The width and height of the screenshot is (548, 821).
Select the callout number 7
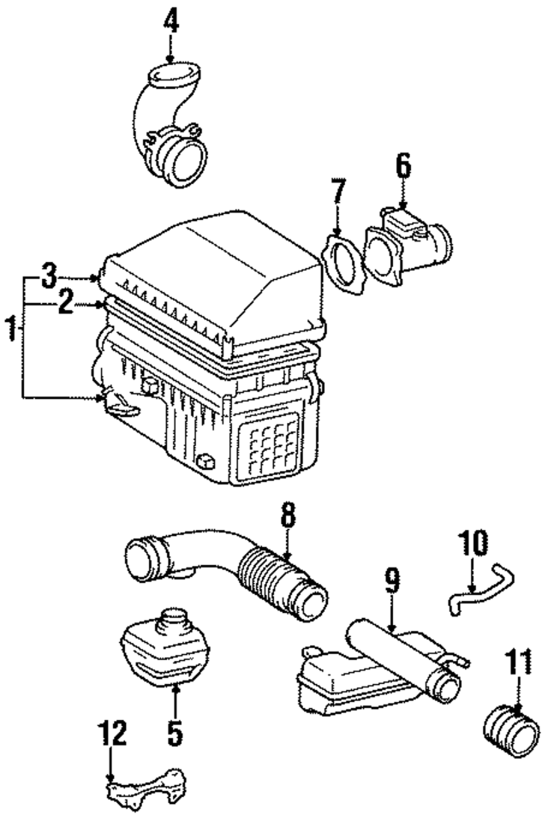(338, 192)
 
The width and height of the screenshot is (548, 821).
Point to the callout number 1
(11, 329)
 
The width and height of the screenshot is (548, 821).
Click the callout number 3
(50, 277)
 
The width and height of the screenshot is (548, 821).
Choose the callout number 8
(288, 516)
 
